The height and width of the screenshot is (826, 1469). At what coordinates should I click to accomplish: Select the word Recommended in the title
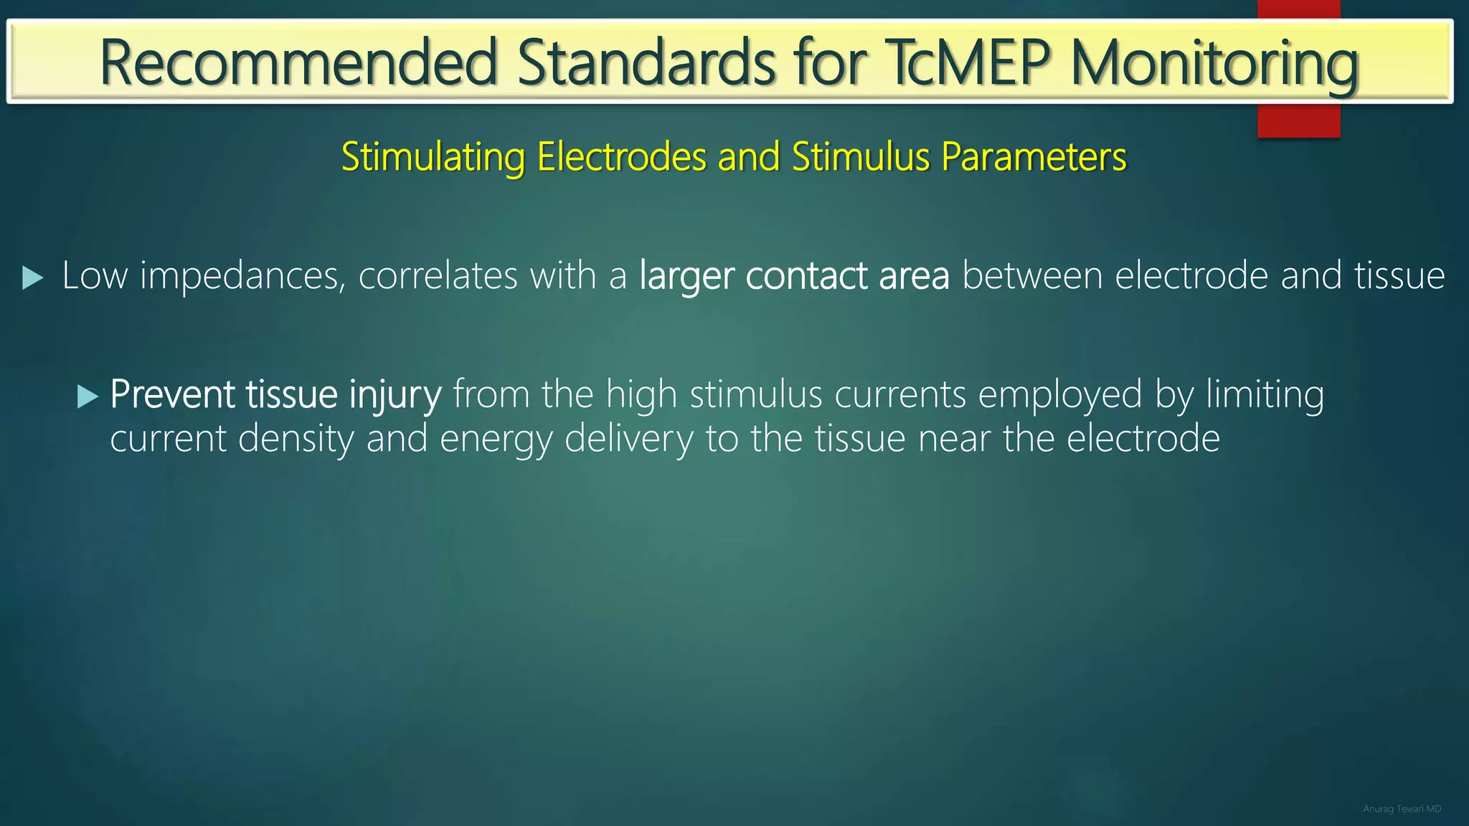tap(298, 63)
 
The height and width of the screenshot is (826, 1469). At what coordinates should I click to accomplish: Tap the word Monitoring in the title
tap(1214, 63)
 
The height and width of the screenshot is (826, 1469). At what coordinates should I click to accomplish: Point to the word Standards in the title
tap(646, 63)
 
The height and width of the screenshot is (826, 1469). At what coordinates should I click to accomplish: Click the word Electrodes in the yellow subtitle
tap(621, 156)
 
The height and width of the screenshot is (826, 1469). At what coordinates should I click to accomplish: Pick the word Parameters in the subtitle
tap(1034, 156)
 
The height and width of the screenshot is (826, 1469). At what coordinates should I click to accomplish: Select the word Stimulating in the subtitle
tap(433, 156)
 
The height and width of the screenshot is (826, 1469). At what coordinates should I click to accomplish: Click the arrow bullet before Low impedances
tap(33, 277)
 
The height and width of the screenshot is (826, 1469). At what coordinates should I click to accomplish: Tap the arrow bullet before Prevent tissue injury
tap(88, 397)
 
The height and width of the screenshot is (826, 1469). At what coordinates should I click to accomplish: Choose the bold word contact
tap(807, 276)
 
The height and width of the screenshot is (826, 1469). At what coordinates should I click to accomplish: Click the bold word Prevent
tap(173, 394)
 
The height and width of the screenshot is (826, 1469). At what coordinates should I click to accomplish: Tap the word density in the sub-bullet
tap(296, 439)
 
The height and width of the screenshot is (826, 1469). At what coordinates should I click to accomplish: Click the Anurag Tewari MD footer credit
tap(1402, 809)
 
